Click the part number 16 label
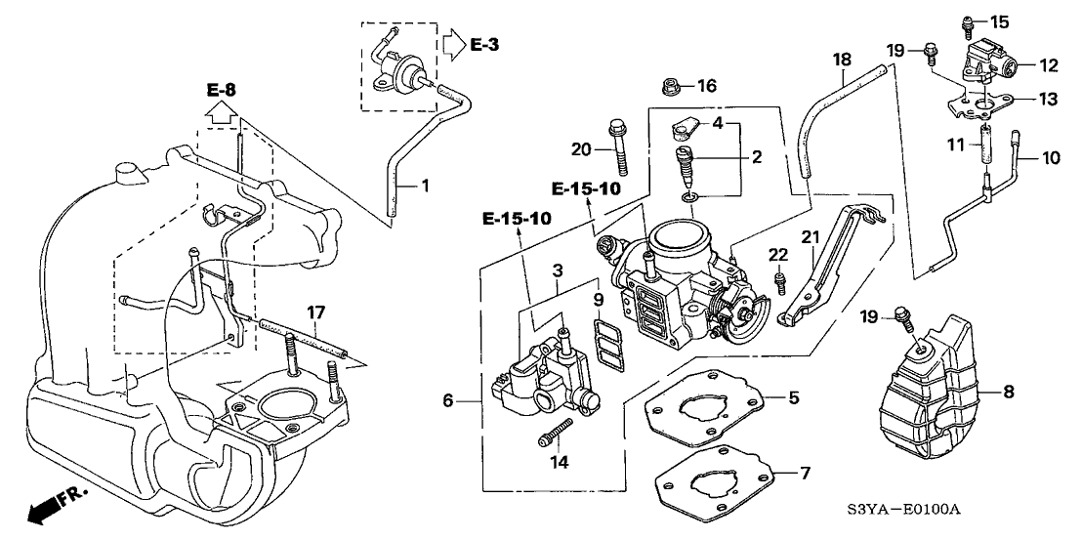(x=707, y=87)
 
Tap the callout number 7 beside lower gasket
(x=805, y=474)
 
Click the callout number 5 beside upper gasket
(x=794, y=397)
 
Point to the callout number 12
(x=1049, y=66)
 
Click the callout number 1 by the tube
(x=426, y=185)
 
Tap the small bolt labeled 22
(x=780, y=282)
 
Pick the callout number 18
(x=838, y=61)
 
